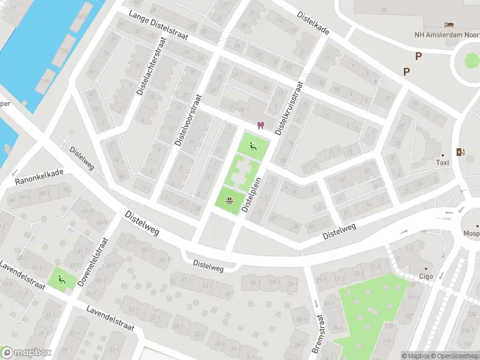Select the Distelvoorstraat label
click(187, 119)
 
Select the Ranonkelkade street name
click(39, 175)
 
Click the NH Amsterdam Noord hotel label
click(447, 34)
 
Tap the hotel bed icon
click(448, 24)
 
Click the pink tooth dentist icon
click(260, 125)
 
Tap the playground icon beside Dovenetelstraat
click(61, 278)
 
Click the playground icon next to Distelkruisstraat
click(252, 145)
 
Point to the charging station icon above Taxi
click(460, 152)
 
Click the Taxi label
click(442, 163)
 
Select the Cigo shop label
click(427, 277)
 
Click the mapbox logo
click(26, 353)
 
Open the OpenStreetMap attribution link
click(453, 356)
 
